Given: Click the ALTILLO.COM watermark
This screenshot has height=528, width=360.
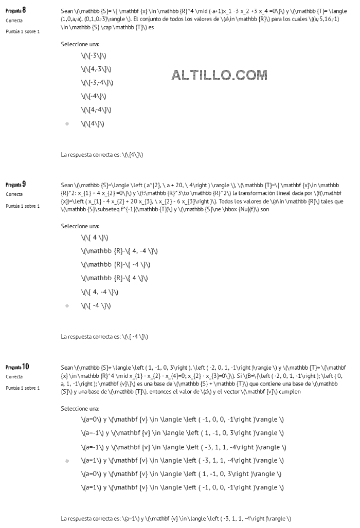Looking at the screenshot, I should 219,76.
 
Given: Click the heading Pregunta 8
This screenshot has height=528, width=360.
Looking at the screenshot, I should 15,10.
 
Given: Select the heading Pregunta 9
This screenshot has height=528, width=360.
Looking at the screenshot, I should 15,184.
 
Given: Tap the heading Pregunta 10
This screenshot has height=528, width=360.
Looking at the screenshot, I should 17,367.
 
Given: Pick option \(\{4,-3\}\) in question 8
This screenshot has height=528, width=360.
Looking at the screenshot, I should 97,69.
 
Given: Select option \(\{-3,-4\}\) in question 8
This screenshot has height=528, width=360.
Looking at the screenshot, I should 97,83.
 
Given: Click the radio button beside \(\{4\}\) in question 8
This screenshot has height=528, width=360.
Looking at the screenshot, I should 67,124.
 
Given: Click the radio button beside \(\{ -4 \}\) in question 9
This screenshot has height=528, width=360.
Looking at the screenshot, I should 67,306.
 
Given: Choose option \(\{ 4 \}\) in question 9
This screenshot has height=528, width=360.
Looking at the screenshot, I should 94,238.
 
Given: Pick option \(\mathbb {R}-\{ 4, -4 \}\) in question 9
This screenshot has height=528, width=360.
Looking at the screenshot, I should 119,251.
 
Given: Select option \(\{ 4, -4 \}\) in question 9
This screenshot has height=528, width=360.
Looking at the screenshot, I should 99,292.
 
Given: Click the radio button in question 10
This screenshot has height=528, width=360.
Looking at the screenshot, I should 67,461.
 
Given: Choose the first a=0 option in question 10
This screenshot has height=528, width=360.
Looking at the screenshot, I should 182,420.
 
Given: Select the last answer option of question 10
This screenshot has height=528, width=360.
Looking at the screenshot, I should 182,487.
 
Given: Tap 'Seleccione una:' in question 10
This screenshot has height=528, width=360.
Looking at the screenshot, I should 80,408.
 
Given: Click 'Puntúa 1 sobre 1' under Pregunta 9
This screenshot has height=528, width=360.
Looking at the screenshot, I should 23,206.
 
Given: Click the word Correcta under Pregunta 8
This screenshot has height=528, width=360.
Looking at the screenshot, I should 14,20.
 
